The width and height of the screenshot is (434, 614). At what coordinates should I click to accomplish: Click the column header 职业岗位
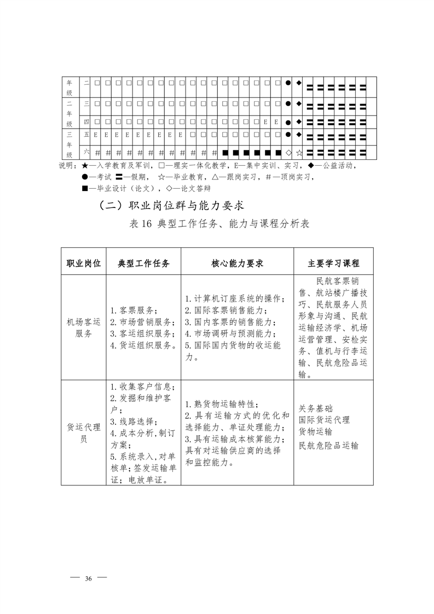tap(84, 263)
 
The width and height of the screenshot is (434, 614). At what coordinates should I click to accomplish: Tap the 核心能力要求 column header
tap(237, 263)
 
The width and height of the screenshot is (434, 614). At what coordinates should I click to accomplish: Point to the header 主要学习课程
tap(333, 263)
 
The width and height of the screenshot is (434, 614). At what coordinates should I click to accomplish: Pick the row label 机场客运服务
tap(84, 327)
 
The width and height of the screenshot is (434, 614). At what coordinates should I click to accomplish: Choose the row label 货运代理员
tap(84, 433)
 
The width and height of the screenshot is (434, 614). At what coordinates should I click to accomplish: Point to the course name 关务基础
tap(316, 408)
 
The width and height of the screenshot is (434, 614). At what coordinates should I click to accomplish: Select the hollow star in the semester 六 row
tap(299, 152)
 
